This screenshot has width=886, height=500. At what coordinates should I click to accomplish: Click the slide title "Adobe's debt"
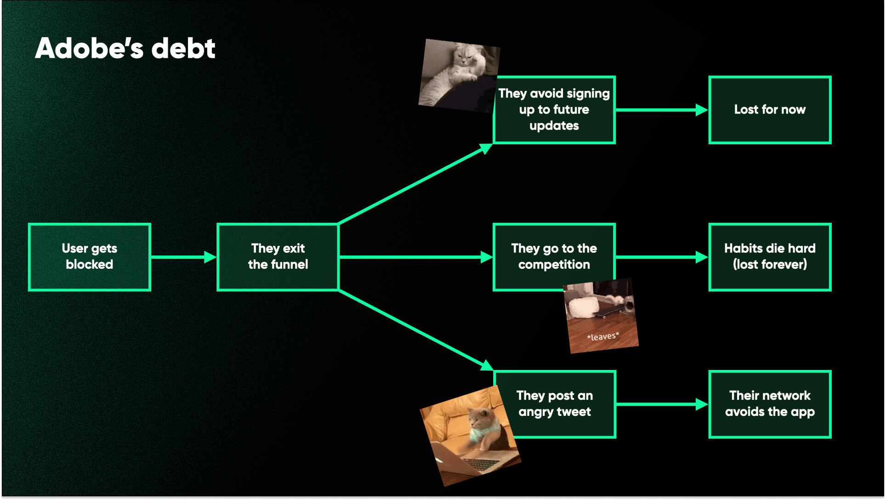point(125,48)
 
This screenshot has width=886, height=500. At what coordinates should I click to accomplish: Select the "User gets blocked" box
point(90,257)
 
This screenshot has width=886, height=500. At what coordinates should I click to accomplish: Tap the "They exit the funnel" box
point(278,257)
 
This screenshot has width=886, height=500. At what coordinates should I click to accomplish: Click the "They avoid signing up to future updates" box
point(554,110)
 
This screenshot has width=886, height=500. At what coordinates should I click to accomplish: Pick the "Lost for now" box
point(770,110)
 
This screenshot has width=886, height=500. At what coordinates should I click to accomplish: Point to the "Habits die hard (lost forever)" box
point(770,257)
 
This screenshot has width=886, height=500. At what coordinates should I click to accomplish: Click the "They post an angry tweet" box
point(558,404)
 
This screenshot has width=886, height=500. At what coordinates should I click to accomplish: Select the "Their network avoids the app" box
point(770,404)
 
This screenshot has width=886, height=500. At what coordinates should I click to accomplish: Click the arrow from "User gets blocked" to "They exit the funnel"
point(184,257)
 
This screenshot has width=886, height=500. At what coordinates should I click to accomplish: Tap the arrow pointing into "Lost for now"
point(662,110)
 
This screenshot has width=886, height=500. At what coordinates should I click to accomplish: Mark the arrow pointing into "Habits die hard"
point(662,257)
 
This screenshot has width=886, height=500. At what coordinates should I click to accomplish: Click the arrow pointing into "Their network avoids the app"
point(662,404)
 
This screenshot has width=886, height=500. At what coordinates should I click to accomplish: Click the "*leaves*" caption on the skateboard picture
point(603,336)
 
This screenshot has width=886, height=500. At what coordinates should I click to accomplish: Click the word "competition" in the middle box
point(554,265)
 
